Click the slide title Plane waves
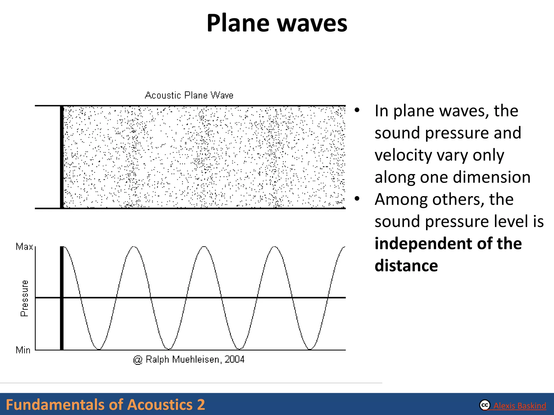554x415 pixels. point(277,23)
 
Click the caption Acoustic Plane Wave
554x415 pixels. point(189,95)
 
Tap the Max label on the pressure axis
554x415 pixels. point(24,247)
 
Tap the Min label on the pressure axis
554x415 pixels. point(23,350)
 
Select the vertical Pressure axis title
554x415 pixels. point(24,298)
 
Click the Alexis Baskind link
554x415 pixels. point(519,406)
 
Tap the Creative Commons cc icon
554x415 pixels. point(485,405)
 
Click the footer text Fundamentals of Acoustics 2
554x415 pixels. point(105,405)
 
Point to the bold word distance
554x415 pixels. point(406,266)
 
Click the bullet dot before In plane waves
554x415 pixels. point(357,110)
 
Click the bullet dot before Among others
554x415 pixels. point(357,199)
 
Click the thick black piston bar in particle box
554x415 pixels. point(62,157)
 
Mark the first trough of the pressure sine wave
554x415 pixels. point(99,349)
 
